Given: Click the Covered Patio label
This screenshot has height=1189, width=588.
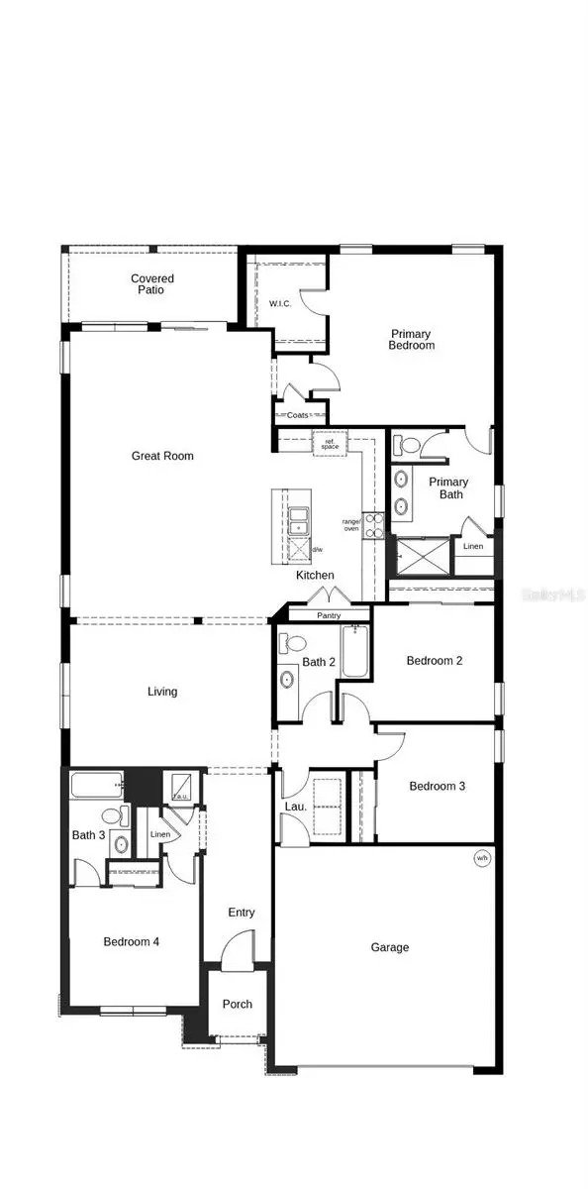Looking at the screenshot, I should coord(152,284).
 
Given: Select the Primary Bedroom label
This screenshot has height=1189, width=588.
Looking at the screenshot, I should coord(412,340).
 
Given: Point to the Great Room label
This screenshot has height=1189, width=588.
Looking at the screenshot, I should coord(162,456).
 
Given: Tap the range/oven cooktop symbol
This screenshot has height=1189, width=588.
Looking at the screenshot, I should coord(373,525).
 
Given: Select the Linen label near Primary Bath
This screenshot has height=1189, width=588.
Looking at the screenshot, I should coord(473,547).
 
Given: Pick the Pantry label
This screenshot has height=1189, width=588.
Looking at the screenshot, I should coord(329,615).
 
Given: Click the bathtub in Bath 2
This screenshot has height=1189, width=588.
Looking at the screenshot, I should coord(355,651).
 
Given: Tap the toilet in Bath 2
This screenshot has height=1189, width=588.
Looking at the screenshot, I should coord(289,644).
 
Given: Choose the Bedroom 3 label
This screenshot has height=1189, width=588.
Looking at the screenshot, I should coord(437,786).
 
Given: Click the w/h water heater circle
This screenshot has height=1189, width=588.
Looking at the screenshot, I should coord(482,858).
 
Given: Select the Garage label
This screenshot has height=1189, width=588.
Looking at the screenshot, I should coord(390,947).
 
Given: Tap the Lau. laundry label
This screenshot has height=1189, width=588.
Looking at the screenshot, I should coord(294,808).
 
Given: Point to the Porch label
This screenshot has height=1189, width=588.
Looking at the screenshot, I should coord(237,1004).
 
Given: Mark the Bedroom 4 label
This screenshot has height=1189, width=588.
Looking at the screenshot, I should coord(132,941).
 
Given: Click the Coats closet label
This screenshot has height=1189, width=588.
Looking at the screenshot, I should coord(298,415).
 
